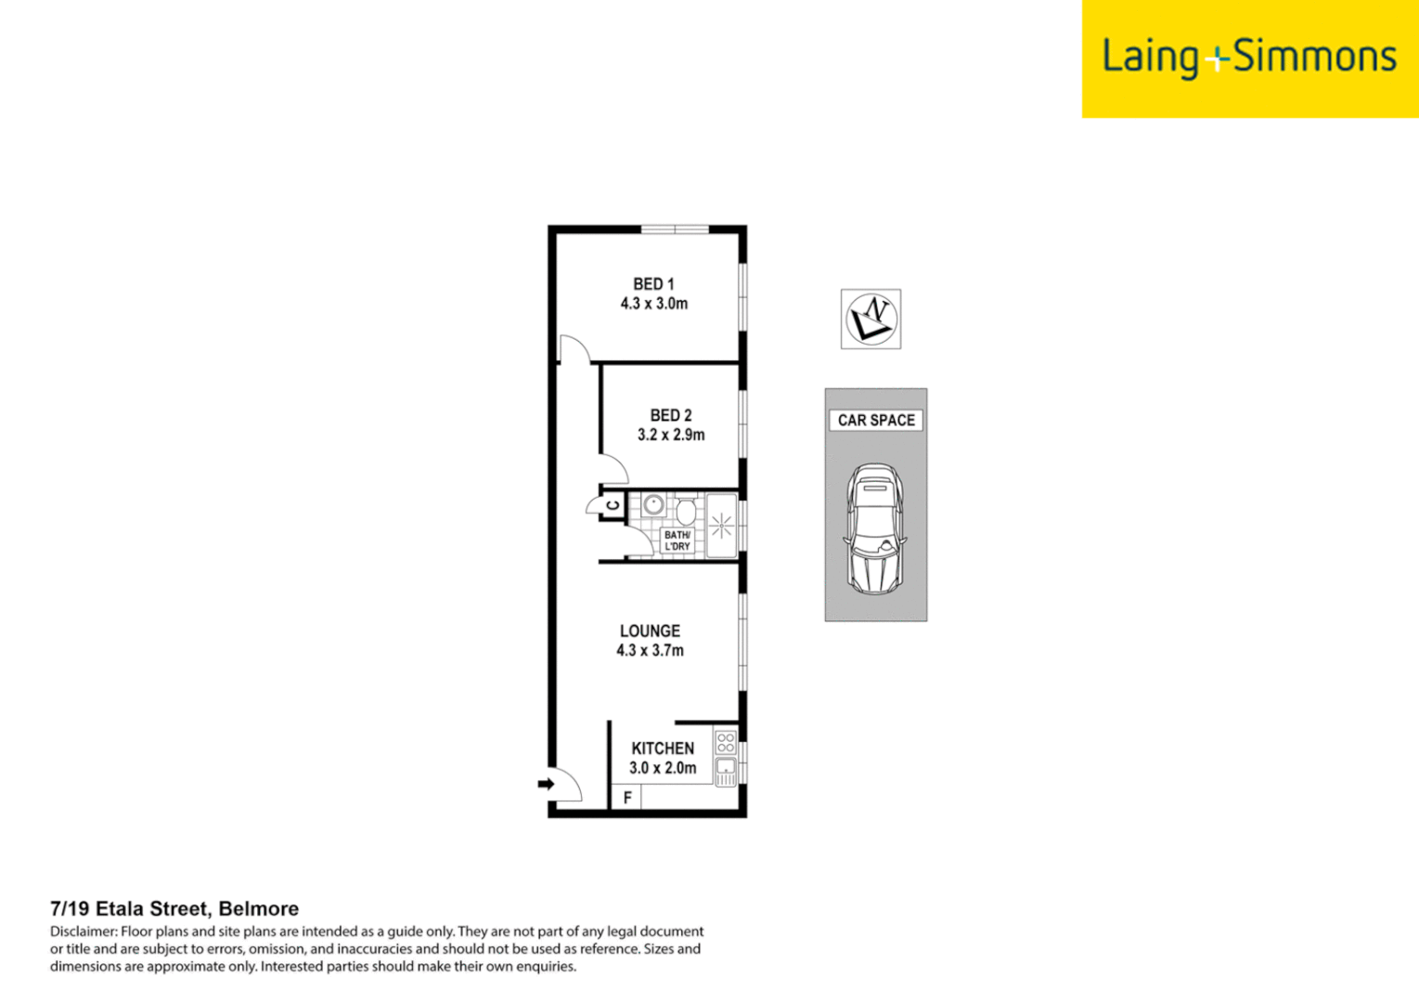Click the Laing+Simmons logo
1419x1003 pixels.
coord(1248,58)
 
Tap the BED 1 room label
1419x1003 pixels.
coord(653,284)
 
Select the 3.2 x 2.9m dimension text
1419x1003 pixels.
coord(670,435)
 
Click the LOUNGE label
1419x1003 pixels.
coord(650,631)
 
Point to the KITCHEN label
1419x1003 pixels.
coord(663,748)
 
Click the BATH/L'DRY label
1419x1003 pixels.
coord(677,541)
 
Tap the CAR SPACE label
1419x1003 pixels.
coord(875,420)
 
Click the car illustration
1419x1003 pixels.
coord(874,528)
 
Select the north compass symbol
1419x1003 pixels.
coord(871,319)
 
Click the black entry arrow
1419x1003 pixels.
coord(546,784)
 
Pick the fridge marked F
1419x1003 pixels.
coord(627,797)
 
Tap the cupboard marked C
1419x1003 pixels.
coord(613,506)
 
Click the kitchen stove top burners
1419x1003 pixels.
coord(726,742)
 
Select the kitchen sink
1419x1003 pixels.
coord(726,768)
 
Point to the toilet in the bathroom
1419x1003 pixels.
coord(686,510)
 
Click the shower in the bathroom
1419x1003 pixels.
coord(721,527)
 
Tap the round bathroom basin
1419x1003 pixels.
coord(653,505)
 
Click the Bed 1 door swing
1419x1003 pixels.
coord(573,349)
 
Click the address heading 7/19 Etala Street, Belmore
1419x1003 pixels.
coord(174,908)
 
